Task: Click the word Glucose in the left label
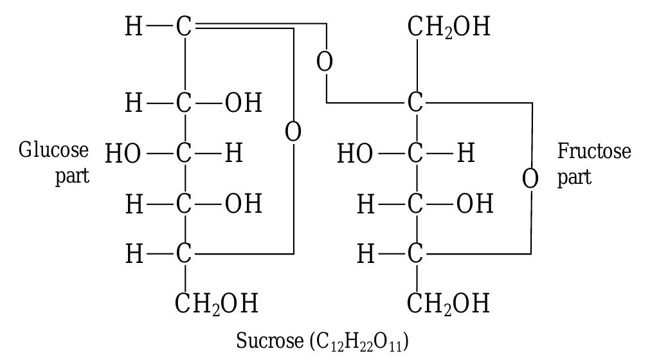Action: click(53, 150)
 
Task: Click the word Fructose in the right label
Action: click(594, 151)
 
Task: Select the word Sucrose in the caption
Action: click(270, 341)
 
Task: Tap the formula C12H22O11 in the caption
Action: click(359, 342)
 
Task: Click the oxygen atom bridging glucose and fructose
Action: click(325, 62)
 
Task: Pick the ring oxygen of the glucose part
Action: click(293, 132)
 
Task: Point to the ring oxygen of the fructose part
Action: click(530, 179)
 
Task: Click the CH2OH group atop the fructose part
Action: click(449, 27)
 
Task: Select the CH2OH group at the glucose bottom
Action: click(217, 303)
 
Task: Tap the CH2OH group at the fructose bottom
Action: click(448, 303)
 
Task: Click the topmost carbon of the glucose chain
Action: click(184, 27)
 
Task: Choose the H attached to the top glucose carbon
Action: click(134, 27)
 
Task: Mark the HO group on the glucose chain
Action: click(123, 154)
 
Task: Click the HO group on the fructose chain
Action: click(355, 154)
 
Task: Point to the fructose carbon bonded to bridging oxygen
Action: click(415, 102)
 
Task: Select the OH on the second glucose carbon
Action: click(243, 103)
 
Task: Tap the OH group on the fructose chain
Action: click(475, 204)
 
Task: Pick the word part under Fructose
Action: click(574, 177)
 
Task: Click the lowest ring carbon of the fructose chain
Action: click(415, 253)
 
